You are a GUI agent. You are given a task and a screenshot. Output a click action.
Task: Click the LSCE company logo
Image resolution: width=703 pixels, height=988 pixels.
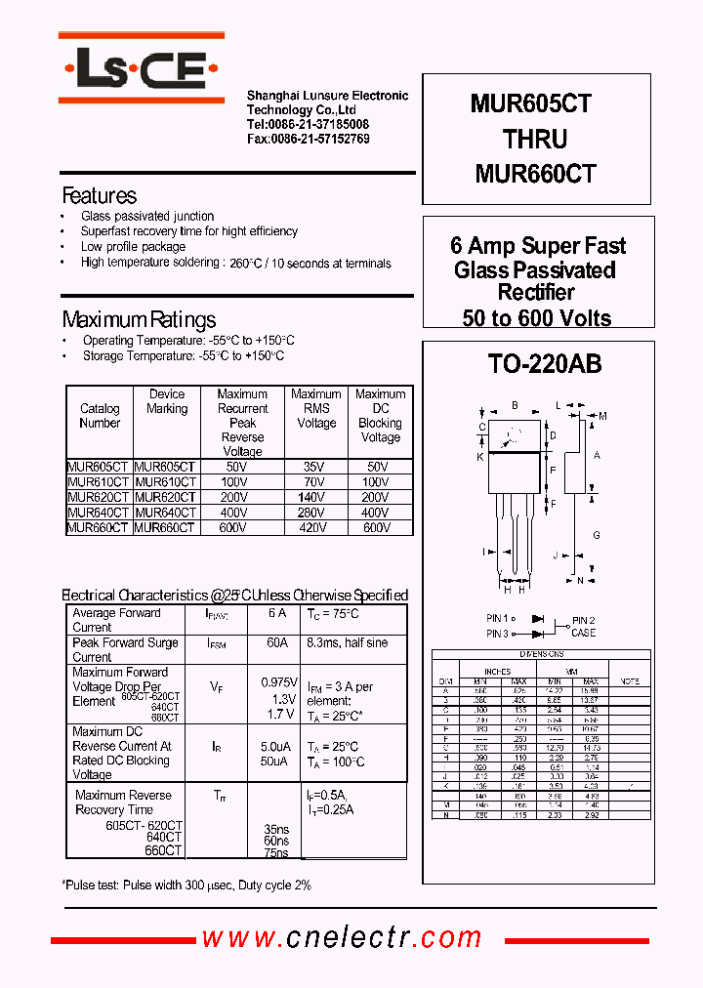(x=142, y=69)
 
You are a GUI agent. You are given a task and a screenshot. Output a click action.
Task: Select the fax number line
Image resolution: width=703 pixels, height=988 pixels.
(x=308, y=139)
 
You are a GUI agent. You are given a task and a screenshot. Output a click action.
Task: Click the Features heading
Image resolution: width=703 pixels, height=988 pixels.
(x=99, y=195)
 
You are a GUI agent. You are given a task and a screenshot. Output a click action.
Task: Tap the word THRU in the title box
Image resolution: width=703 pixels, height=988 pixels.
(x=535, y=139)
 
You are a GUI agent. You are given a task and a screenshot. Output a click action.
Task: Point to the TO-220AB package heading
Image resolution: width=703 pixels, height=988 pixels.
(x=544, y=365)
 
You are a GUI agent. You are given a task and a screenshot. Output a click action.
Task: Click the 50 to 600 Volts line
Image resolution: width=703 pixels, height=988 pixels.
(x=537, y=317)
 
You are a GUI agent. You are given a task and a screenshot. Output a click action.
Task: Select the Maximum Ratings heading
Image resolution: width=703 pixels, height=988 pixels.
(x=139, y=320)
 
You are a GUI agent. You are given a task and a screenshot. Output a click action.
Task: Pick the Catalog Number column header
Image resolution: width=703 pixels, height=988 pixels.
(x=100, y=416)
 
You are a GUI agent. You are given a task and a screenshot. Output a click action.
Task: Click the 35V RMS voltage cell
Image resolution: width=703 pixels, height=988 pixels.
(x=315, y=468)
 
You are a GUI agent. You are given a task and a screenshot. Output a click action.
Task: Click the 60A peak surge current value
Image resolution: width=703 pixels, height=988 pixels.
(x=277, y=643)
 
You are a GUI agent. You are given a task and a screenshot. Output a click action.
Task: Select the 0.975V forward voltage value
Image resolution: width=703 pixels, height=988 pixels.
(x=278, y=682)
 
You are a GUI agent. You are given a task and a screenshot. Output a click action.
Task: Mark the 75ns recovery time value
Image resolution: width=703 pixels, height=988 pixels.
(x=275, y=852)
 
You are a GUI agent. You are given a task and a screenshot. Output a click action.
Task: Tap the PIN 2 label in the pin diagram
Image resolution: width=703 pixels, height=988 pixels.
(x=583, y=620)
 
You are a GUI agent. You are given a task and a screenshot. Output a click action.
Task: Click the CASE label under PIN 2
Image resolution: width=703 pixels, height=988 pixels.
(x=583, y=634)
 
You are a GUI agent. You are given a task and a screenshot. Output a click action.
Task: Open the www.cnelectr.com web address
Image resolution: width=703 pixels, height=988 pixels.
(x=342, y=938)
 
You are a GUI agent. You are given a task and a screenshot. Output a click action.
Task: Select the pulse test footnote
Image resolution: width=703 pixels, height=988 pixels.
(x=186, y=884)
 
